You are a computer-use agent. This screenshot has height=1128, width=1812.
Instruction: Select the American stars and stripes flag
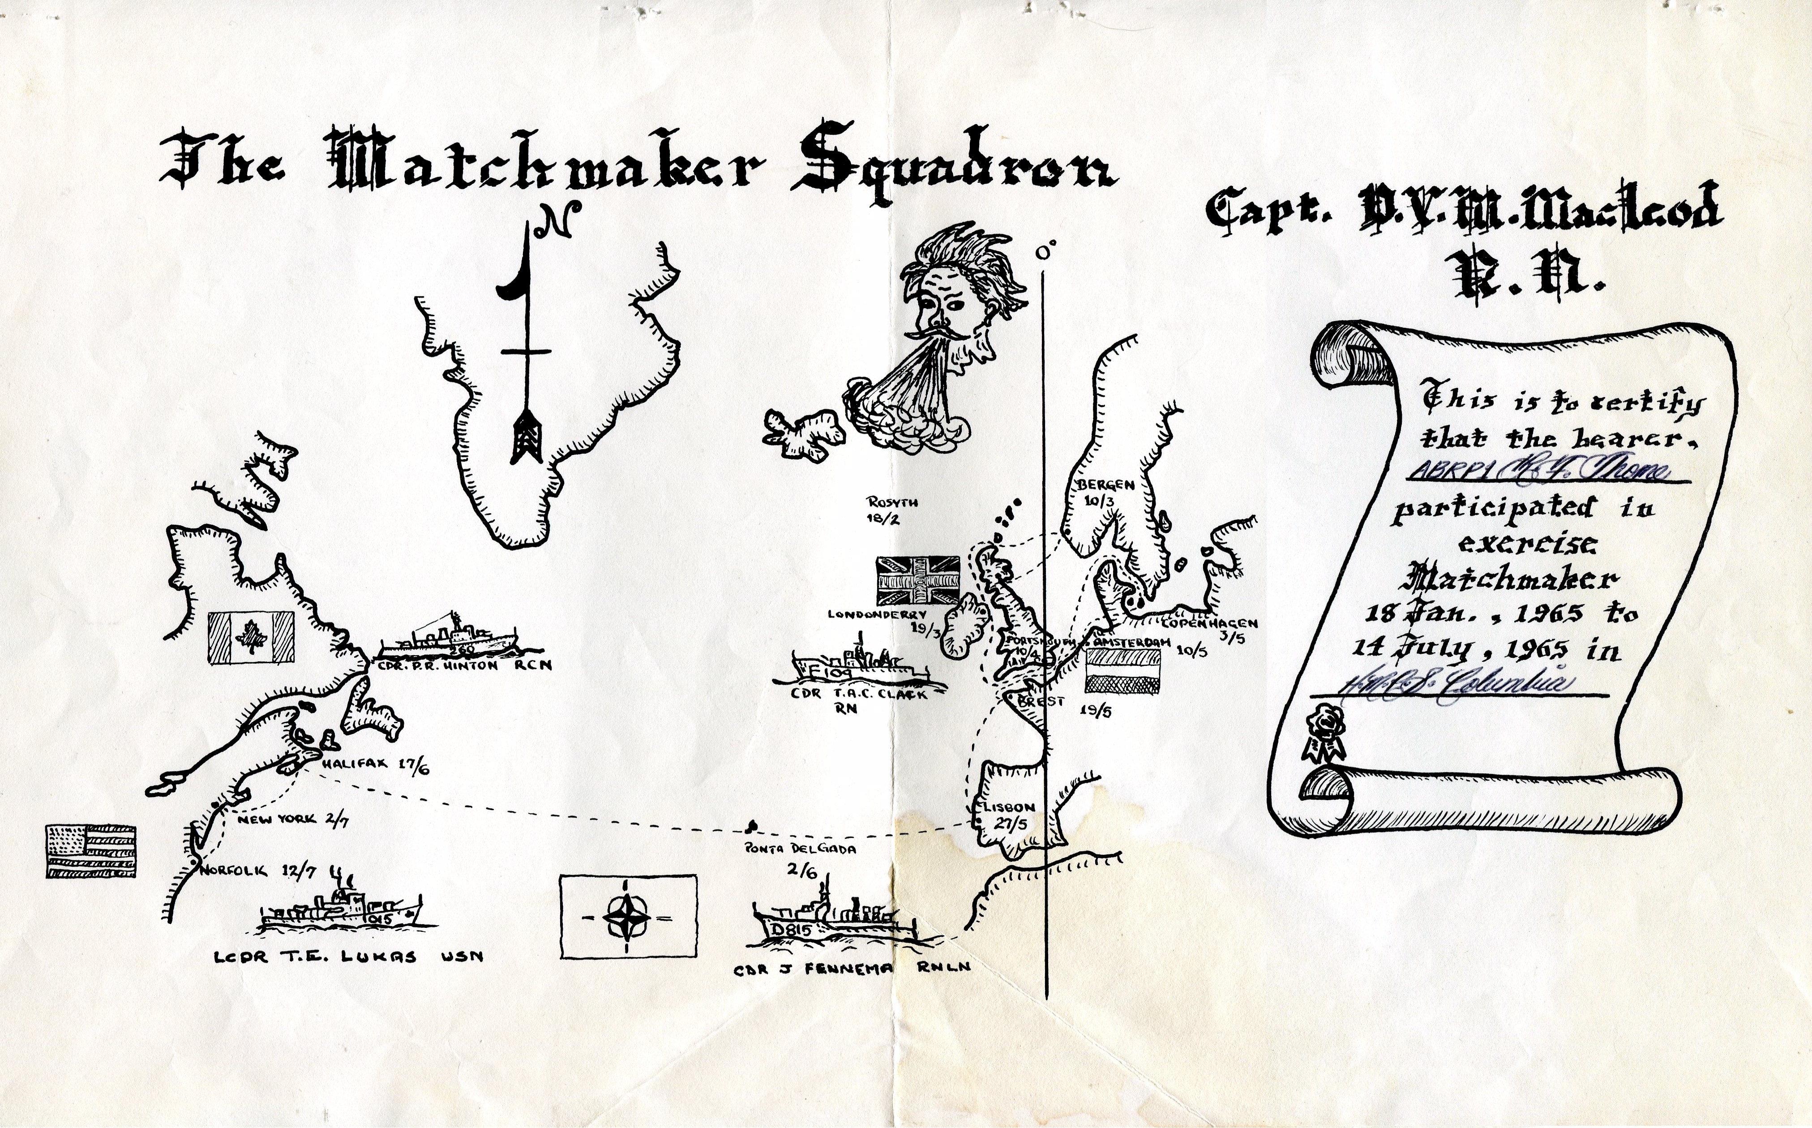[91, 851]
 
